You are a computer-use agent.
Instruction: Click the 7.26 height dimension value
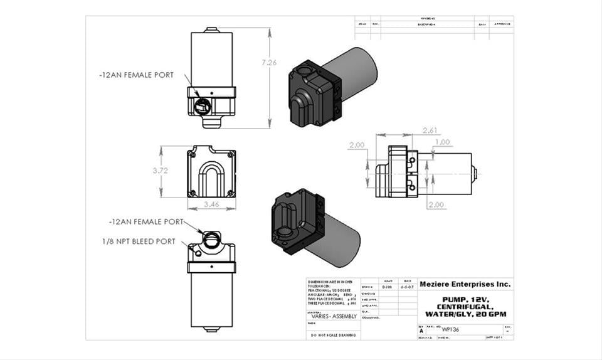pyautogui.click(x=269, y=62)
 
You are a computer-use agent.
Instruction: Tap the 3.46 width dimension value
pyautogui.click(x=211, y=204)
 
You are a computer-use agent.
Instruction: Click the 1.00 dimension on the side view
pyautogui.click(x=442, y=142)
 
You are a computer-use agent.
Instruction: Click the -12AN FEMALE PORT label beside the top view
pyautogui.click(x=136, y=75)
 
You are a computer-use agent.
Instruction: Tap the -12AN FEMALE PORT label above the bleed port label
pyautogui.click(x=145, y=221)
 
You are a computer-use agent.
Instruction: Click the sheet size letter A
pyautogui.click(x=421, y=330)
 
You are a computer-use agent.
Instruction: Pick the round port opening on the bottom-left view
pyautogui.click(x=212, y=238)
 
